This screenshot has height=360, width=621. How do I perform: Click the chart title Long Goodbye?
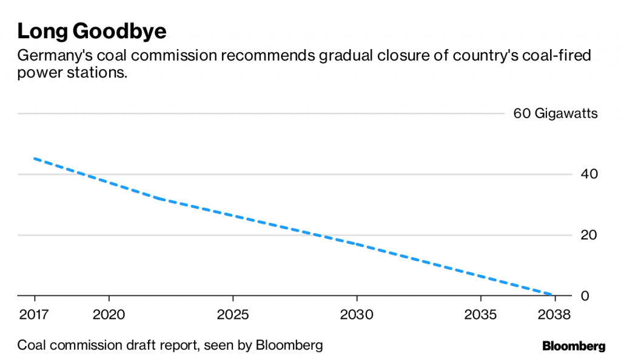(x=92, y=32)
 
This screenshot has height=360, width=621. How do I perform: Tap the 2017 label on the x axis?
(x=35, y=315)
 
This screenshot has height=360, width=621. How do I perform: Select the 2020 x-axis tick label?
(x=109, y=315)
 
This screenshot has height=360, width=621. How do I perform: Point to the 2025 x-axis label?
(x=233, y=315)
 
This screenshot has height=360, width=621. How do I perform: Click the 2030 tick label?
(x=357, y=315)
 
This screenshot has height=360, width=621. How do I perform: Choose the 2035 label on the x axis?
(x=481, y=315)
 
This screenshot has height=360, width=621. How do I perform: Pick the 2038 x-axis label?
(x=554, y=315)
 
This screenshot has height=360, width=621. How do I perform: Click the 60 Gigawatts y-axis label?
(x=556, y=113)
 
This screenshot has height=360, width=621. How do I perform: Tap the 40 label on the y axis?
(x=589, y=175)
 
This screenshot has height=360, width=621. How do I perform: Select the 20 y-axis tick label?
(x=589, y=235)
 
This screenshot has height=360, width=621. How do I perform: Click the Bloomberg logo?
(x=574, y=347)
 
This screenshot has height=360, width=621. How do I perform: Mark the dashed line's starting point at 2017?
(x=35, y=159)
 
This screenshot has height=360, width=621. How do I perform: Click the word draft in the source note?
(x=144, y=346)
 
